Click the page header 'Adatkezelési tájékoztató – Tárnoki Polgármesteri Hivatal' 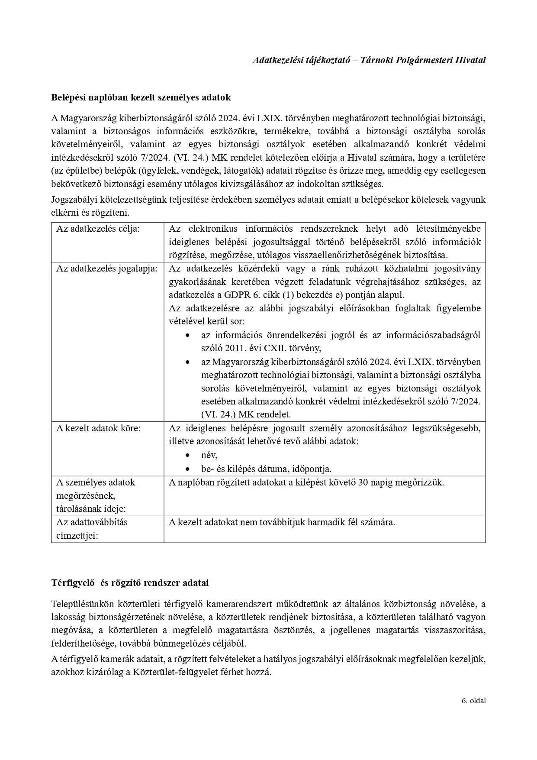(x=369, y=60)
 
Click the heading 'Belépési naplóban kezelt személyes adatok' (x=141, y=97)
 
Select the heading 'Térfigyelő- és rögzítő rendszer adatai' (x=130, y=582)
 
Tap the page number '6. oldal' (x=473, y=700)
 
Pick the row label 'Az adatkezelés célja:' (x=98, y=229)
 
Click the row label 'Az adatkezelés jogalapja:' (x=106, y=268)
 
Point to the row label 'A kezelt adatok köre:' (x=99, y=428)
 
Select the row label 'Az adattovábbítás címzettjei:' (x=92, y=529)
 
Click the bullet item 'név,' (x=209, y=455)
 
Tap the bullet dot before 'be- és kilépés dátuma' (x=187, y=469)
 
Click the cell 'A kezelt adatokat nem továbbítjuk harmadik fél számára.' (x=282, y=522)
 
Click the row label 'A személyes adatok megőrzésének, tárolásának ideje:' (x=96, y=495)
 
